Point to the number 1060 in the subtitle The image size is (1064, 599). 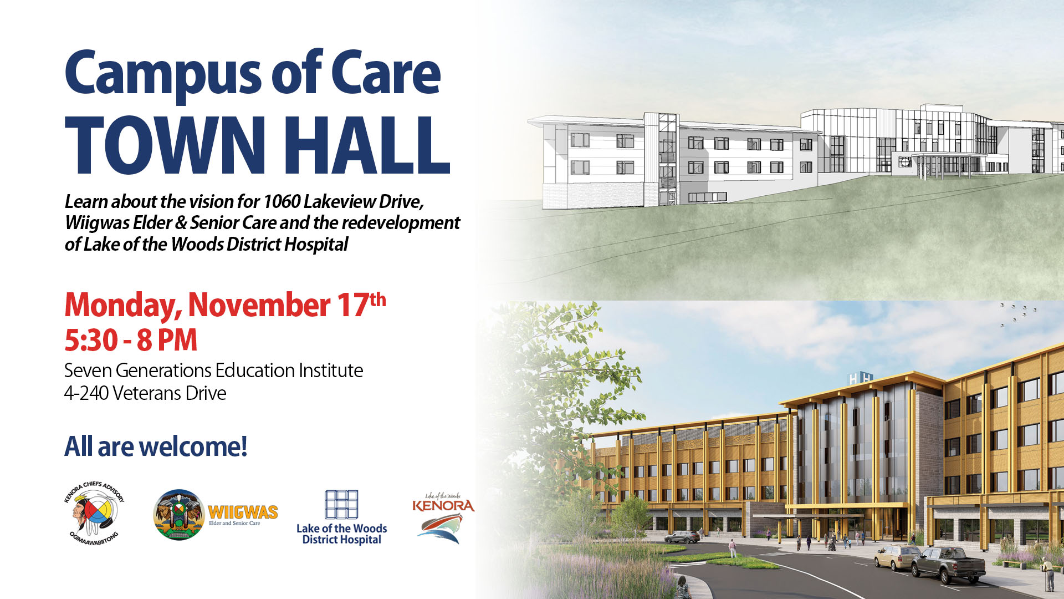click(282, 201)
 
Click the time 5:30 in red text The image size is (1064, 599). click(91, 341)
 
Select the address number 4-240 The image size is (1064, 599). click(86, 393)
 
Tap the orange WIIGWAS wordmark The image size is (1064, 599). click(243, 511)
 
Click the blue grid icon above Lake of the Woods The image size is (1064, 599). click(341, 504)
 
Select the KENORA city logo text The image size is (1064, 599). click(443, 505)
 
